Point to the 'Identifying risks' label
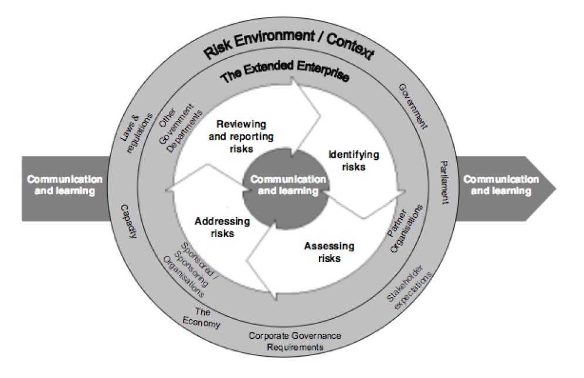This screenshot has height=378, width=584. coord(354,160)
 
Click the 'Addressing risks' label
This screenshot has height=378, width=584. coord(222,227)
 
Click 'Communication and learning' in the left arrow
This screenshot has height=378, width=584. coord(64,185)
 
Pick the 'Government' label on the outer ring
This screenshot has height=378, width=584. coord(413,106)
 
